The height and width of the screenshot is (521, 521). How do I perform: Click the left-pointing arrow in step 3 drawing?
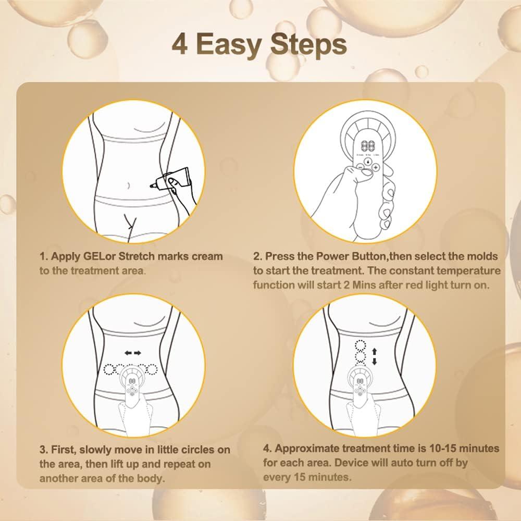coord(128,353)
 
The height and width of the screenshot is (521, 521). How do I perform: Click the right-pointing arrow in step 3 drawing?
coord(138,353)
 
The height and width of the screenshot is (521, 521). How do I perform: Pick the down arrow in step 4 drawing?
coord(373,361)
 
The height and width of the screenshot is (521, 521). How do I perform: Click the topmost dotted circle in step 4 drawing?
coord(358,345)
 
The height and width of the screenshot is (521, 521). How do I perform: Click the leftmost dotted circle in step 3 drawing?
coord(110,369)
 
